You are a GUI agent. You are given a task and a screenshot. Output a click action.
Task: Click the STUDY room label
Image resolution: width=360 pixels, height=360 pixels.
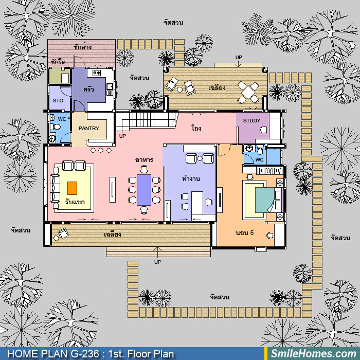coord(251,120)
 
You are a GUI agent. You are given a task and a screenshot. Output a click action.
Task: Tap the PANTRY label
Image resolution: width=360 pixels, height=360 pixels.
coord(89,128)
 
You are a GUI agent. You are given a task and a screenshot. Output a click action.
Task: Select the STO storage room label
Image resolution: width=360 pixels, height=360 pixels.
coord(58,101)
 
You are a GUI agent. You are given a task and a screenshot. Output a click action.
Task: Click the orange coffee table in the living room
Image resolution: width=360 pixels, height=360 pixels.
coord(73,188)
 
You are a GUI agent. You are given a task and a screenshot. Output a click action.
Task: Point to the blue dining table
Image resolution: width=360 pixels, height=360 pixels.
coord(144,190)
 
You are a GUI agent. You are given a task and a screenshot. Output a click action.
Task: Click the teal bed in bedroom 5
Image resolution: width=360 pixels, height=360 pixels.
coord(265,200)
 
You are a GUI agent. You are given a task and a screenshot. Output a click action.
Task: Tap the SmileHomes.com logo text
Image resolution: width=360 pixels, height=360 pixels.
coord(314,354)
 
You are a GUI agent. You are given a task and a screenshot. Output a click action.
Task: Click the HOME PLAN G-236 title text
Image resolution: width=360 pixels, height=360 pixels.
coord(53,354)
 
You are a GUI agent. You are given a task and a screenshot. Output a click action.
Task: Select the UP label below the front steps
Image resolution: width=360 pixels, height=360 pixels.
coord(157,262)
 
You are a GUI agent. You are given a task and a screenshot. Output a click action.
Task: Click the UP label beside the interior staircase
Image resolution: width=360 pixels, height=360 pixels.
coord(122,136)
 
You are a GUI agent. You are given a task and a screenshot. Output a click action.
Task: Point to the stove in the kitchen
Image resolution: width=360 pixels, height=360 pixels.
coord(97,73)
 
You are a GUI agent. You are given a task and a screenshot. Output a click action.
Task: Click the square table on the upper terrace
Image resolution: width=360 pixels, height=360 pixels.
coord(248,92)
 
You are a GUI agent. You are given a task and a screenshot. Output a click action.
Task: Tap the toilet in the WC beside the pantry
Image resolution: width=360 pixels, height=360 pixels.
coord(56,127)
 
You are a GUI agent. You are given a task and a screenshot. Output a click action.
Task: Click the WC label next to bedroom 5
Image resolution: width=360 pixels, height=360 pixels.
coord(259,159)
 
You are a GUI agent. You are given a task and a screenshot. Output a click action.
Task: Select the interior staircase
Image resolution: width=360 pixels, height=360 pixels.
coord(147,120)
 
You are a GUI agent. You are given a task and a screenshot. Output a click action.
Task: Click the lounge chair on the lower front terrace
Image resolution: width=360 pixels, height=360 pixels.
coord(63,233)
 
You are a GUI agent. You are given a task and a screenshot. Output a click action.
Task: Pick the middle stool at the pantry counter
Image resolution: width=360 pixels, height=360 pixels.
coord(101,150)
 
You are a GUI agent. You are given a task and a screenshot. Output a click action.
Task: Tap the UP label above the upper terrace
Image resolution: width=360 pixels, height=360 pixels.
coord(239,57)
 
